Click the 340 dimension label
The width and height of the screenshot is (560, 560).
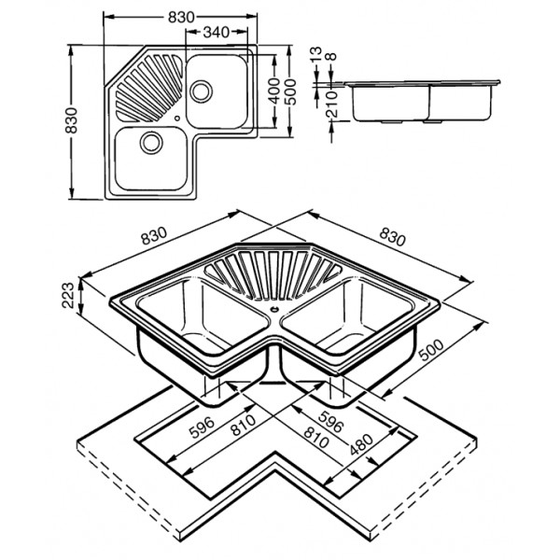(x=217, y=33)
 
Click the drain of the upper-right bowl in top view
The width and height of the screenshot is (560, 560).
(x=200, y=91)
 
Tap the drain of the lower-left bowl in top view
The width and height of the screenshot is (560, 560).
(x=149, y=142)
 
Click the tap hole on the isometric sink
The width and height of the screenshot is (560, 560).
(x=274, y=302)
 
